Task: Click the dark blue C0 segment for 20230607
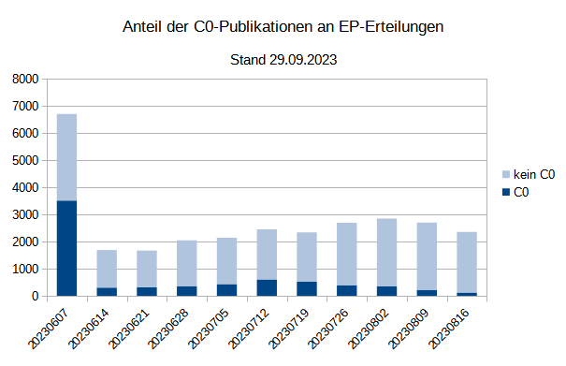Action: [x=66, y=248]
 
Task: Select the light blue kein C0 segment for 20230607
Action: [x=66, y=157]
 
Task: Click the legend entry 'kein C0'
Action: [x=534, y=174]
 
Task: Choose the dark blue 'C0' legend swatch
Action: [x=507, y=192]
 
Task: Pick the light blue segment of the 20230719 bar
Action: [x=307, y=256]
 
